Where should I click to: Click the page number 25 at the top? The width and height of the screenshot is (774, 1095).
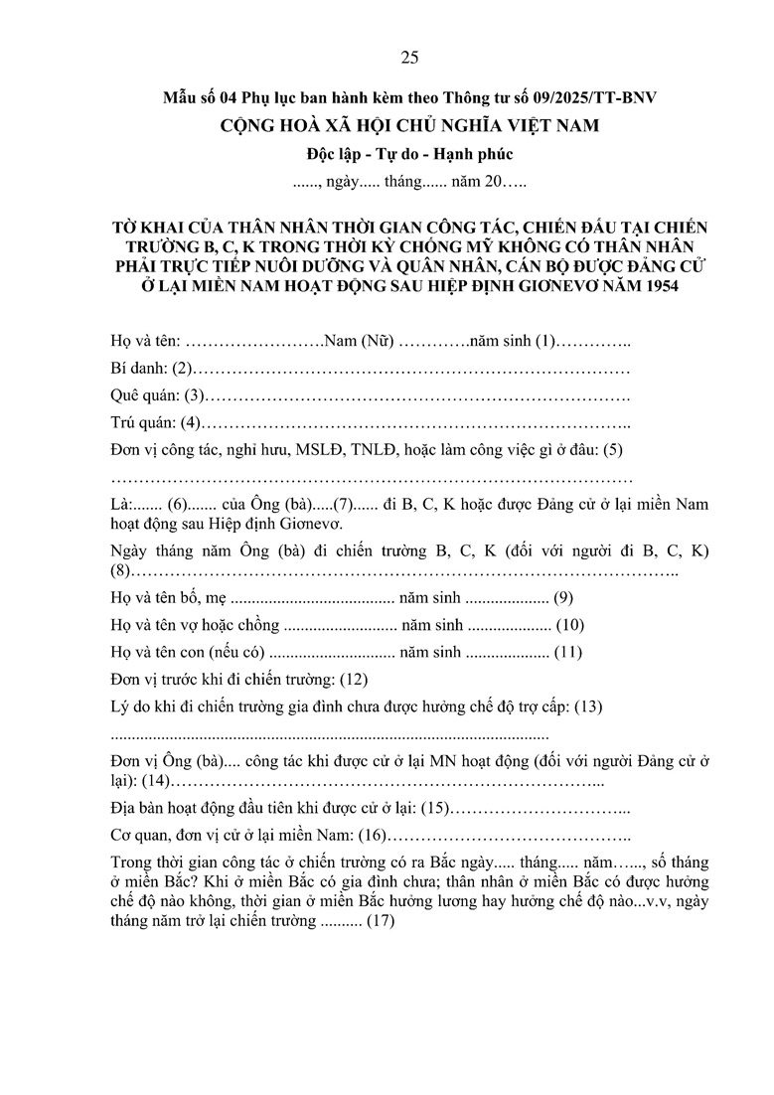click(x=409, y=57)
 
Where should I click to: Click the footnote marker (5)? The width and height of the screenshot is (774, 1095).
click(x=612, y=450)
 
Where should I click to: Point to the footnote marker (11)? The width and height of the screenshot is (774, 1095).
click(x=567, y=653)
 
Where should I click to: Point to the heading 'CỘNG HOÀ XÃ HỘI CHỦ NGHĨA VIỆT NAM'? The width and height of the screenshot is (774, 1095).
click(x=409, y=126)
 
